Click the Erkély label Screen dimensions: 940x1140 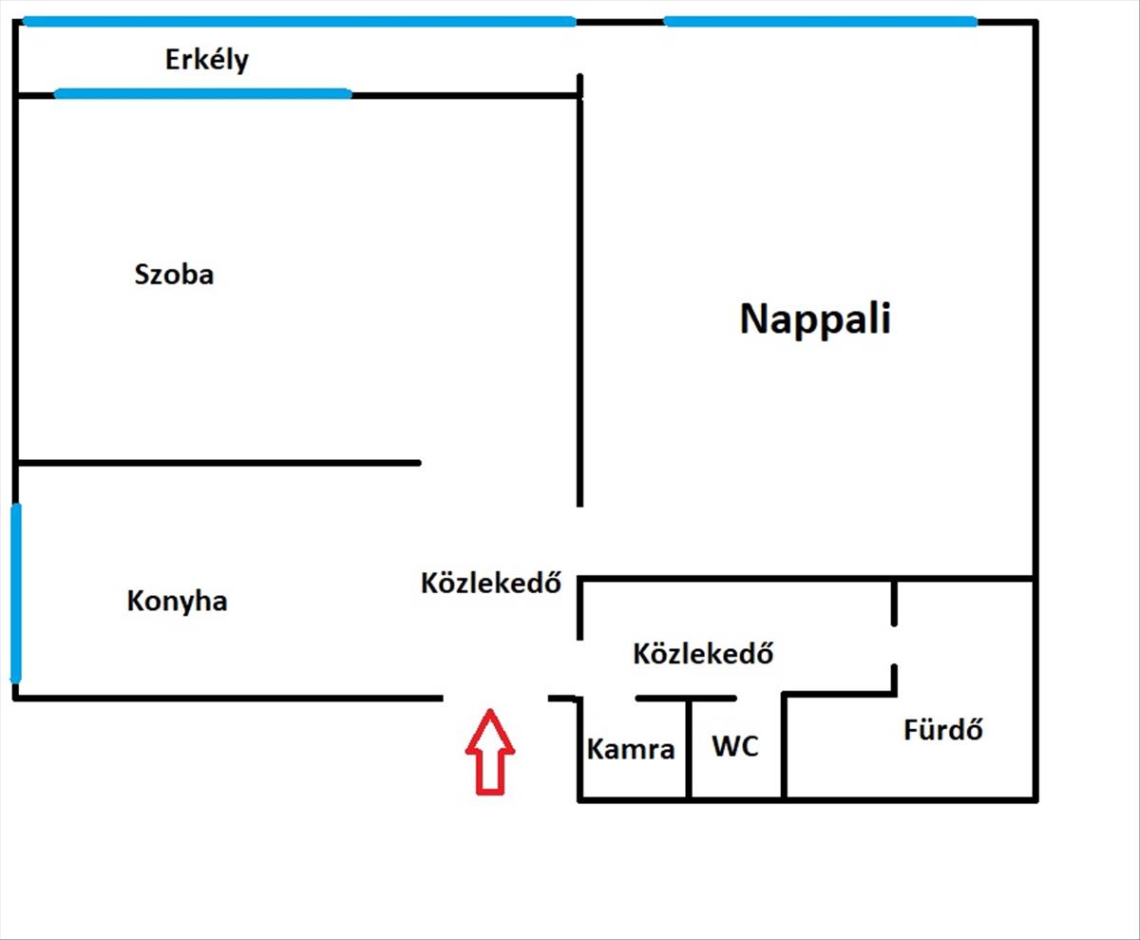click(x=206, y=61)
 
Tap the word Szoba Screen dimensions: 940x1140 click(x=174, y=276)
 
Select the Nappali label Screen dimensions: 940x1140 click(x=815, y=319)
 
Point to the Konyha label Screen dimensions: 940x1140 click(x=177, y=602)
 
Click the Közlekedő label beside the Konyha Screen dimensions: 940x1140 click(x=489, y=583)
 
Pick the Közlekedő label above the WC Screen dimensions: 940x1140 click(x=702, y=654)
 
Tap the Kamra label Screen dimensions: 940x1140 click(x=631, y=749)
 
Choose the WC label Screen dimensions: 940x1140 click(x=735, y=746)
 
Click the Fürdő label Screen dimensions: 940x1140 click(x=942, y=731)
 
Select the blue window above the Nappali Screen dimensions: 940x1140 click(x=820, y=21)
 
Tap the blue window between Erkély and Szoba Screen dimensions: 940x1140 click(x=202, y=93)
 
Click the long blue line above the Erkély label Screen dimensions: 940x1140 click(x=299, y=21)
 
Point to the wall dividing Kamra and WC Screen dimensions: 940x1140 click(x=689, y=749)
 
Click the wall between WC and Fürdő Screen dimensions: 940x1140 click(x=784, y=746)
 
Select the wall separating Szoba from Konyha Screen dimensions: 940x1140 click(x=218, y=463)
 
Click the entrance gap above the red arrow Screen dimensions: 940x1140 click(x=495, y=699)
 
